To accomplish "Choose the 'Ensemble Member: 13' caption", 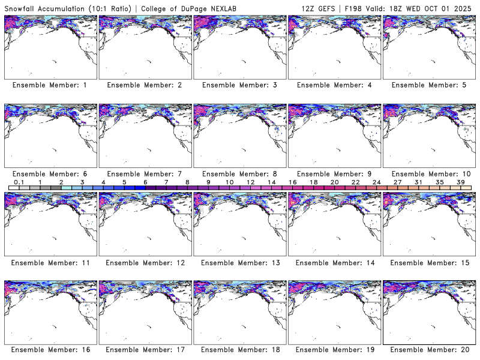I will (x=241, y=262).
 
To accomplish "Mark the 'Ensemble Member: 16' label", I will (x=52, y=350).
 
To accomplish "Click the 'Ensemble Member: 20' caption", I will (x=430, y=350).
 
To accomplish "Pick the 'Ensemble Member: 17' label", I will (x=146, y=350).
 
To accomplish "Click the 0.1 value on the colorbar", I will (x=19, y=182).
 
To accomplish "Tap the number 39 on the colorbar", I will (x=461, y=182).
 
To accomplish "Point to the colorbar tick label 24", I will (x=377, y=182).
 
